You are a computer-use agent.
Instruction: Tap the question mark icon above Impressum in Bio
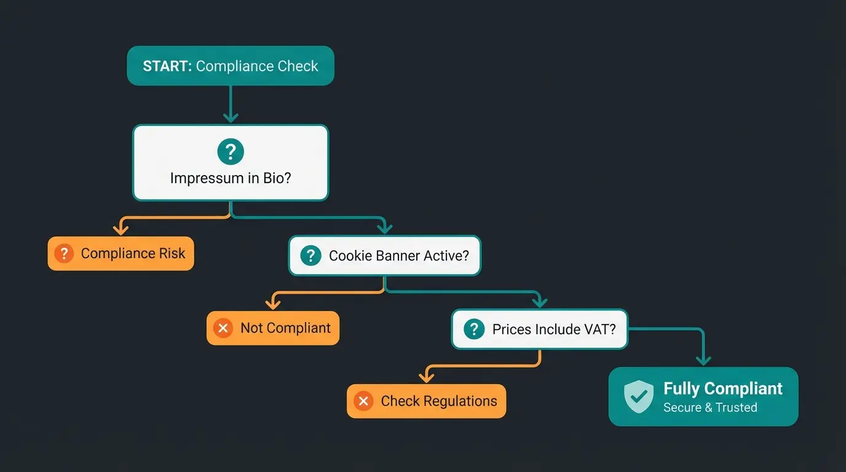(231, 151)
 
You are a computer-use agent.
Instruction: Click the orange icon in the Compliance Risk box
(64, 253)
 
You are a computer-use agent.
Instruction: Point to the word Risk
(171, 253)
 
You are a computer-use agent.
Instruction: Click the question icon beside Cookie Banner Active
(310, 255)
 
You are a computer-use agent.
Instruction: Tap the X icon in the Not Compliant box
(223, 328)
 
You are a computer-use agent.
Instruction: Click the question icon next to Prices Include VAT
(474, 329)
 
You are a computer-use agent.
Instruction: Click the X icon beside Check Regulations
(363, 401)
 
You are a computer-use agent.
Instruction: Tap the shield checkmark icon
(639, 396)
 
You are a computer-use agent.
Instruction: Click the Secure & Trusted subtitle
(710, 407)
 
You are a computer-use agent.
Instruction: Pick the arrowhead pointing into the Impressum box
(231, 117)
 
